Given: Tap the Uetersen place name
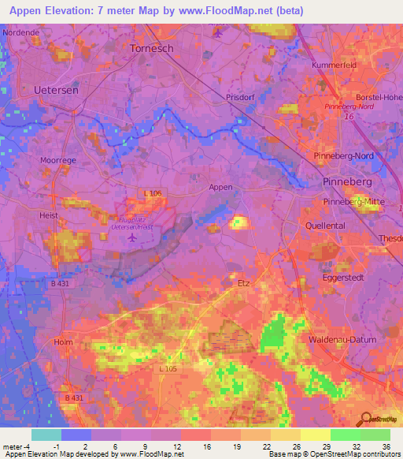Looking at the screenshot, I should [56, 91].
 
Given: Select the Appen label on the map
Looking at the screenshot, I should [220, 187].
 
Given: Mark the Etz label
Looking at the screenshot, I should [242, 281].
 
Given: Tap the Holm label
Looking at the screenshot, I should [63, 342].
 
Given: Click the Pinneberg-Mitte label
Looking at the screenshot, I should [353, 202].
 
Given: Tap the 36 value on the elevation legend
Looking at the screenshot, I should [386, 446].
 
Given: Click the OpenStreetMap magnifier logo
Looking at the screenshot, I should [366, 419].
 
